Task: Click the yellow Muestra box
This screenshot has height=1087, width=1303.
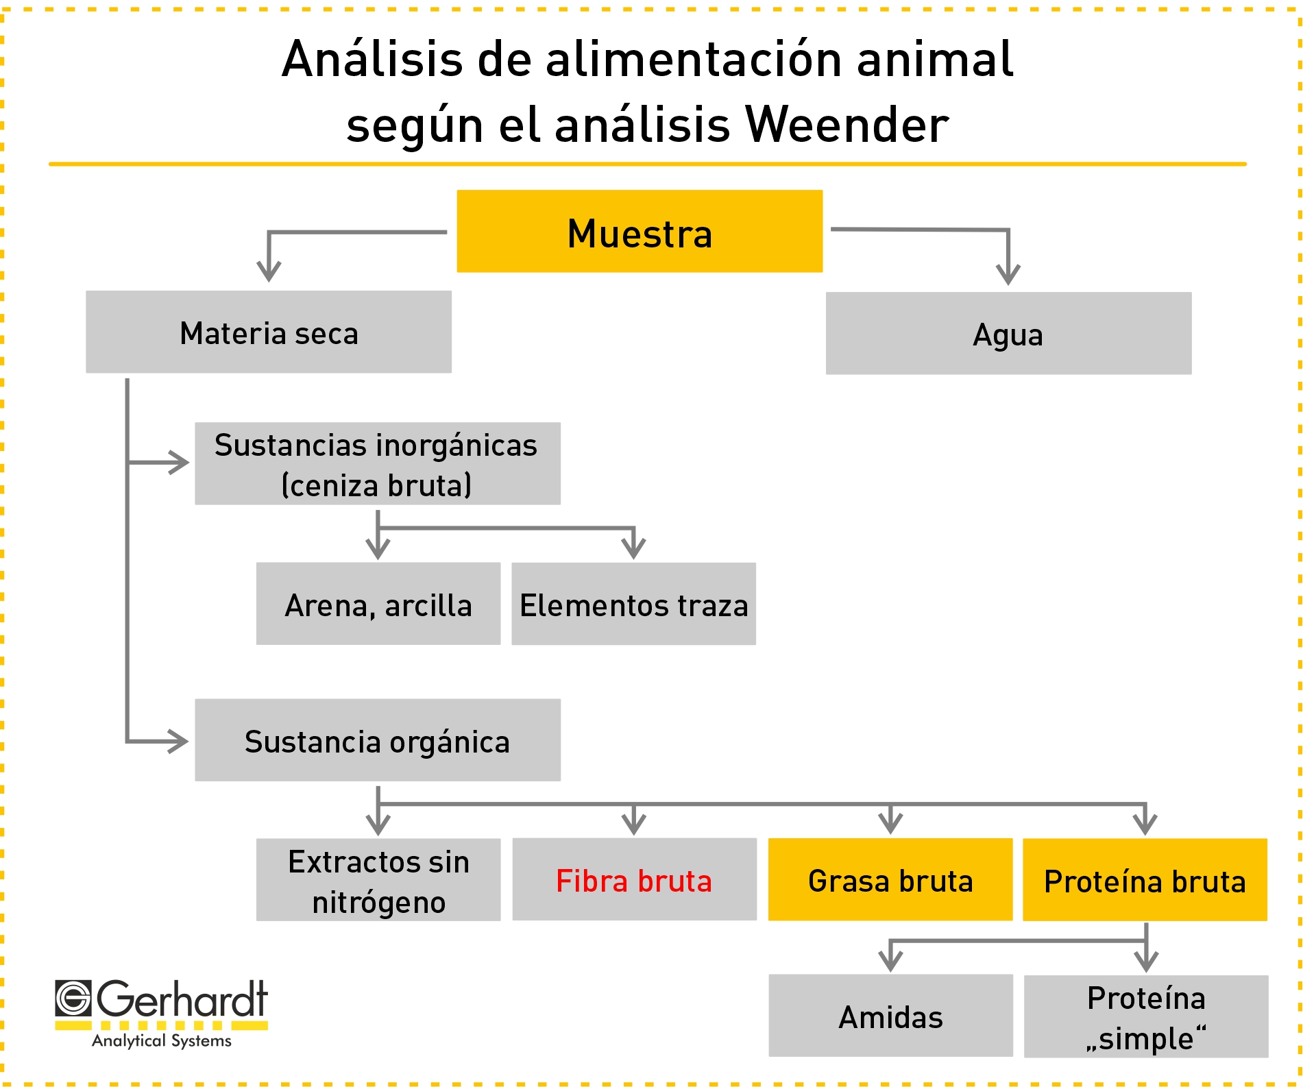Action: [x=640, y=231]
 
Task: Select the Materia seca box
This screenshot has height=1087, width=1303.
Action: [x=269, y=332]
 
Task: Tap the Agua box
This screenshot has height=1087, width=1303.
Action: [x=1008, y=333]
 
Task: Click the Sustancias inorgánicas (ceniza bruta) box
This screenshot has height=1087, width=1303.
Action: [x=378, y=463]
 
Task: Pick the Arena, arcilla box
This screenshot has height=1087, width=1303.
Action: [x=378, y=604]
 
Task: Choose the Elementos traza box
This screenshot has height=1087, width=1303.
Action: [x=633, y=604]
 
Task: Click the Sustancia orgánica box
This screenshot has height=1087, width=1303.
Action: [x=378, y=740]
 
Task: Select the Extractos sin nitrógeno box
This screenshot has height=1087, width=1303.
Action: [x=378, y=879]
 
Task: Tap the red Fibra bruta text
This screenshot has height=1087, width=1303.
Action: [x=634, y=881]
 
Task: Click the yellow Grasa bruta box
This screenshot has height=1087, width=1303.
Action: [x=890, y=879]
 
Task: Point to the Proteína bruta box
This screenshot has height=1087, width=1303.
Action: [x=1145, y=879]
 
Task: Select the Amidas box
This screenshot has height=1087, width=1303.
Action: [x=891, y=1016]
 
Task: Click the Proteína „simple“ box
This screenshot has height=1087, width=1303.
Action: [x=1146, y=1016]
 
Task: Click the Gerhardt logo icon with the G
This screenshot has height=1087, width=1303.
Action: [x=73, y=998]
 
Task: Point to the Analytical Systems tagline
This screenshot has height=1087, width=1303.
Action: [x=162, y=1040]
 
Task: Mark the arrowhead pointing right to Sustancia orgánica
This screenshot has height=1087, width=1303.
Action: [x=178, y=741]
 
